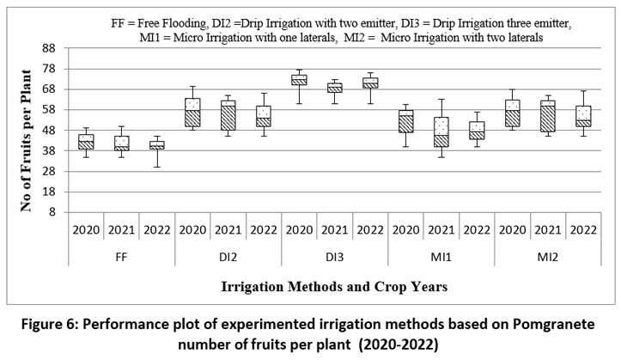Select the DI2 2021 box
tap(228, 115)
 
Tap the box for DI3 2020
tap(299, 80)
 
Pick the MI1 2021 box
tap(441, 132)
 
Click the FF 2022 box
tap(157, 145)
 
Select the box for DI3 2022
tap(370, 82)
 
